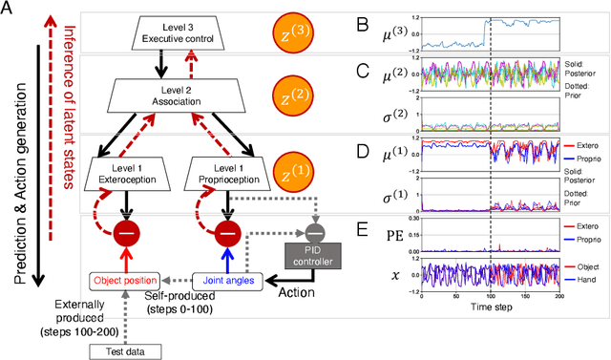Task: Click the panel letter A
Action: pos(9,11)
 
